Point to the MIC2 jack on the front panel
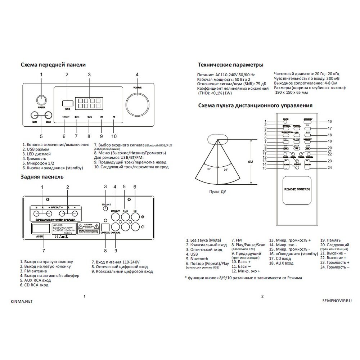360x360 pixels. tap(48, 116)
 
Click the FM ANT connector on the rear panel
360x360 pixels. tap(105, 208)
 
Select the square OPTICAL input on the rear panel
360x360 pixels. tap(105, 227)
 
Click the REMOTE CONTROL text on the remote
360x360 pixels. tap(297, 189)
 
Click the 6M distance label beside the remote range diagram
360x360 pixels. tap(251, 162)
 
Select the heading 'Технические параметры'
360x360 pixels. tap(230, 65)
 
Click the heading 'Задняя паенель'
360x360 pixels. tap(42, 177)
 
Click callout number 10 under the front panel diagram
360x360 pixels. tap(114, 136)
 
